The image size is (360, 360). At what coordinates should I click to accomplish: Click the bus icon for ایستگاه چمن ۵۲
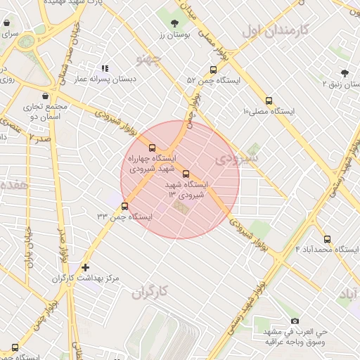click(213, 70)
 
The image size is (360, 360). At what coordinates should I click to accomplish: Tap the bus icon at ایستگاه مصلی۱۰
click(269, 101)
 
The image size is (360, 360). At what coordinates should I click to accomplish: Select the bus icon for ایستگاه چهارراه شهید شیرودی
click(153, 148)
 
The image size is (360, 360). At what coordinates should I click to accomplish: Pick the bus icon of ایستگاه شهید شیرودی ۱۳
click(186, 174)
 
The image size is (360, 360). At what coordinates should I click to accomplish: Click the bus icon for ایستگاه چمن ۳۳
click(125, 206)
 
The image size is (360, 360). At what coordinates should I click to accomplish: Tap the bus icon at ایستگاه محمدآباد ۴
click(327, 238)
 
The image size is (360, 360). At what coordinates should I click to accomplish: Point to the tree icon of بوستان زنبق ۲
click(344, 73)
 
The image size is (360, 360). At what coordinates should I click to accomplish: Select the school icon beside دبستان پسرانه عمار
click(105, 69)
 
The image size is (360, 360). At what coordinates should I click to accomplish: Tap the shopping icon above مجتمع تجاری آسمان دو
click(46, 96)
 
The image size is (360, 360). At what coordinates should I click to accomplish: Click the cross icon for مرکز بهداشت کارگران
click(85, 267)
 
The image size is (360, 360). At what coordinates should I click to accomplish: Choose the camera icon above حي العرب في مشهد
click(294, 321)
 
